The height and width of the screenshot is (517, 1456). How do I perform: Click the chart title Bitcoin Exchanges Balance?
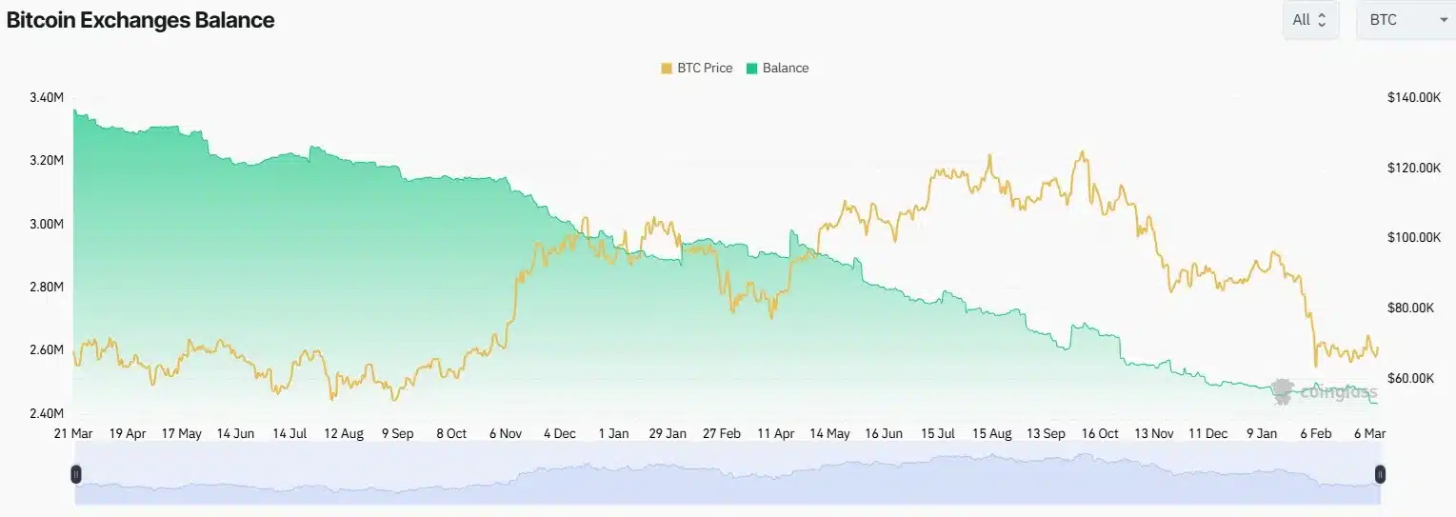click(x=141, y=20)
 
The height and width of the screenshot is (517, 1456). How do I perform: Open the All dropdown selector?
click(x=1310, y=20)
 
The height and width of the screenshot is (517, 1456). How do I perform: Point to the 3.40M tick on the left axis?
click(x=47, y=97)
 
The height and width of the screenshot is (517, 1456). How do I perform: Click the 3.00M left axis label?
click(x=47, y=224)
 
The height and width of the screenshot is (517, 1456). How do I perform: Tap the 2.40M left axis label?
click(x=47, y=413)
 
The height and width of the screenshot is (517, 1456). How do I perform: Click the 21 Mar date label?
click(x=74, y=433)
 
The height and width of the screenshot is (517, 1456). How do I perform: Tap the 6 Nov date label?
click(x=505, y=433)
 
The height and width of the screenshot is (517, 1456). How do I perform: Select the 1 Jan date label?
click(x=613, y=433)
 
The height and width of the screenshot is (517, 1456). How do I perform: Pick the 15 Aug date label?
click(x=991, y=433)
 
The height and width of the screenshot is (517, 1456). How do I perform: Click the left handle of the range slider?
click(x=76, y=474)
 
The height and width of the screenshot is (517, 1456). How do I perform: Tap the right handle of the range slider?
click(x=1379, y=474)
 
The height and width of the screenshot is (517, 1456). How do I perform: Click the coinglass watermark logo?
click(x=1324, y=390)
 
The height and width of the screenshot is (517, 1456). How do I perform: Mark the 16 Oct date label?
click(x=1100, y=433)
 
